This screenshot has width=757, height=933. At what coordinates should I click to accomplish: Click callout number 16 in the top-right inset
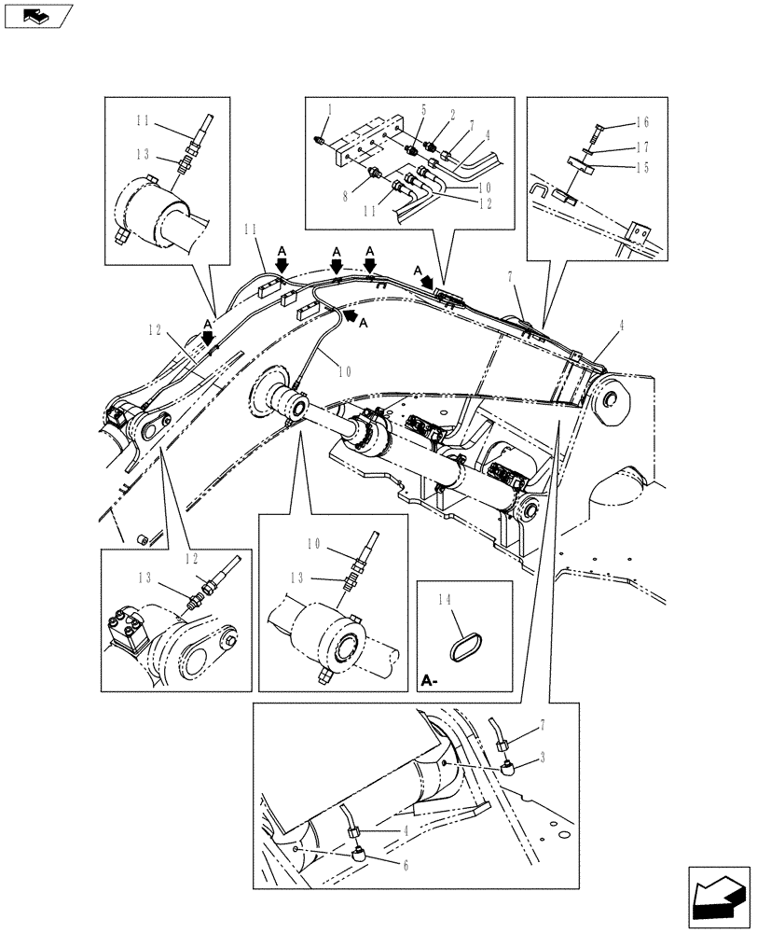click(642, 122)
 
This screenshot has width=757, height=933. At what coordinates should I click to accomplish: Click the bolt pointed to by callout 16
click(596, 127)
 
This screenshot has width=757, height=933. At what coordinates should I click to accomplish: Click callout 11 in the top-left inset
click(141, 120)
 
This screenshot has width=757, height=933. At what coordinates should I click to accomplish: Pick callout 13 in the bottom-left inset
click(145, 578)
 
